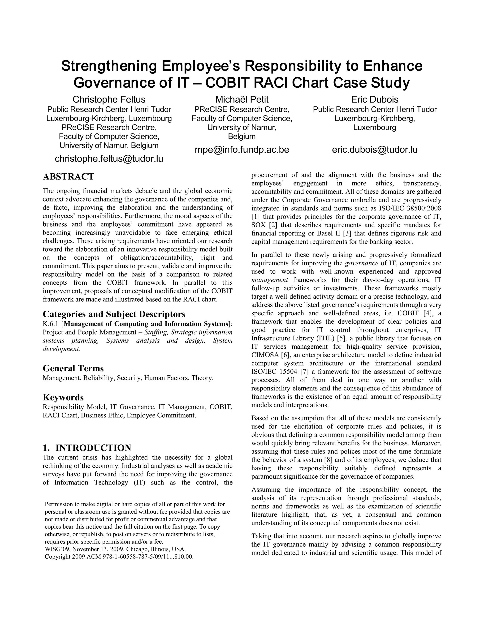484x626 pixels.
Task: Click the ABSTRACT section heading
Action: click(68, 176)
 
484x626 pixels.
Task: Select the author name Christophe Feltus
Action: click(109, 99)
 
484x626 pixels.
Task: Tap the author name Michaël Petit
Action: click(242, 99)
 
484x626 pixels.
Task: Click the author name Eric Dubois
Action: click(375, 99)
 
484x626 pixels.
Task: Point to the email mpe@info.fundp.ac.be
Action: click(242, 150)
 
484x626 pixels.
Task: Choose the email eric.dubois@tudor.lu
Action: click(375, 150)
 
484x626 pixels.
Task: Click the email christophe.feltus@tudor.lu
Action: click(109, 159)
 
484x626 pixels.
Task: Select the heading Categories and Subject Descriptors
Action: click(114, 314)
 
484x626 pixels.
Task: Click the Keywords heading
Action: click(63, 398)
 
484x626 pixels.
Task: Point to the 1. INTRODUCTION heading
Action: click(87, 448)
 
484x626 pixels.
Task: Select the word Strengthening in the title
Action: click(109, 66)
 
